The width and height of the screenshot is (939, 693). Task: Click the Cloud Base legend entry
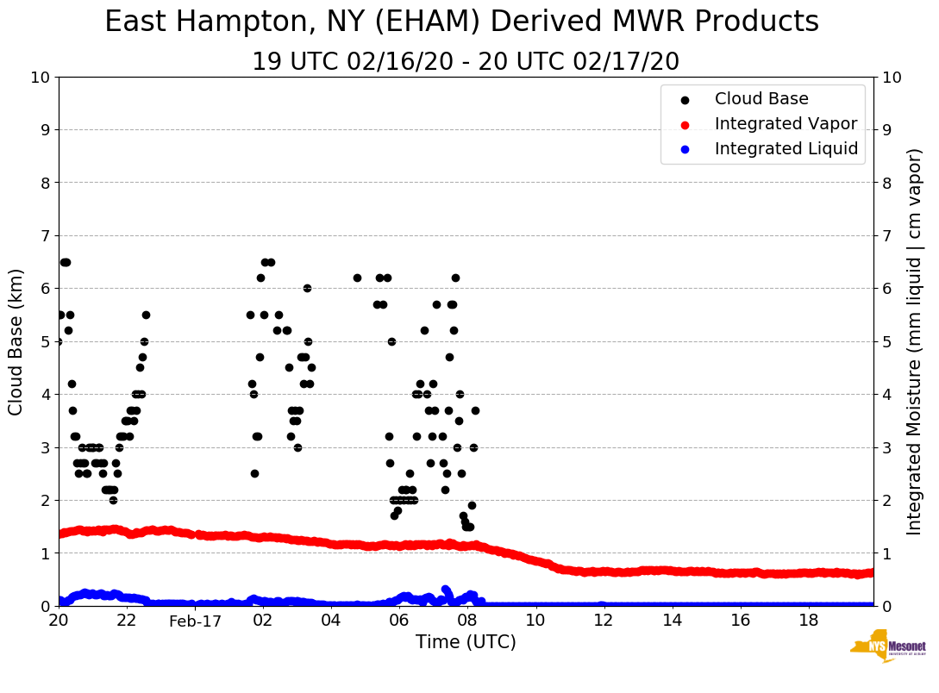coord(761,99)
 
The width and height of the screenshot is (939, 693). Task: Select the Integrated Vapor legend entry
coord(786,124)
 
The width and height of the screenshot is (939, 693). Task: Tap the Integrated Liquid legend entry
coord(786,149)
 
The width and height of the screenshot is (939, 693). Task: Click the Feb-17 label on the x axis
coord(195,621)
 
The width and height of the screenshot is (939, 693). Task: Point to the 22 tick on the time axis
coord(127,621)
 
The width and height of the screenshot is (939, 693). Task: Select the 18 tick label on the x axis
coord(808,621)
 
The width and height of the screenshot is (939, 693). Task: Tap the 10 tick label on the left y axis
coord(40,78)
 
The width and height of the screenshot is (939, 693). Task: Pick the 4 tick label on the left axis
coord(45,395)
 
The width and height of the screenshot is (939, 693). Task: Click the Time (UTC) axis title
coord(466,642)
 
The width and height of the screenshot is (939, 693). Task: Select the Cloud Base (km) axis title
coord(16,341)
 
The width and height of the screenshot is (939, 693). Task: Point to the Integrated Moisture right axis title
coord(915,341)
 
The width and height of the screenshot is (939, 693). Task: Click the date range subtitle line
coord(466,62)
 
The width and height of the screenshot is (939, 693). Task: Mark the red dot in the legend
coord(685,124)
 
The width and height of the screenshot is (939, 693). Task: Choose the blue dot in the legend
coord(685,149)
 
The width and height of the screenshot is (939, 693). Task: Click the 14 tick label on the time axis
coord(672,621)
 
